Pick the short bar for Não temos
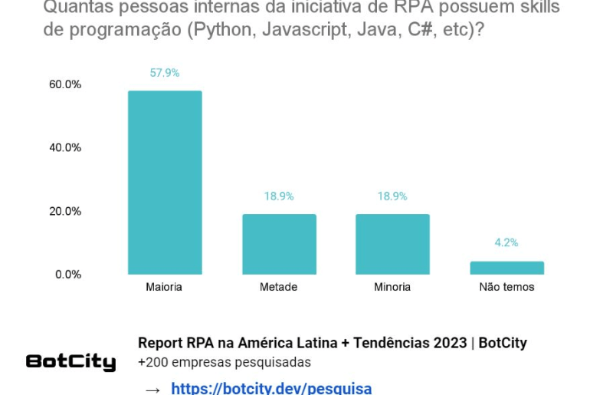point(506,268)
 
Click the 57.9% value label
point(165,73)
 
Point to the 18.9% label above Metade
point(279,196)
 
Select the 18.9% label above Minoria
point(392,196)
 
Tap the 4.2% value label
point(506,242)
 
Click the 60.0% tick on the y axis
point(65,84)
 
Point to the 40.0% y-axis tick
point(65,147)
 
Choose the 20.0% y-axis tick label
point(65,211)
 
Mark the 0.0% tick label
point(68,275)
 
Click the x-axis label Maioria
point(164,287)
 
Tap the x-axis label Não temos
point(506,287)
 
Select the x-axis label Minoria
point(392,287)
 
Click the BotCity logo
point(70,362)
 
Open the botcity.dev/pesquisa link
point(271,388)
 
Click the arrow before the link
point(153,390)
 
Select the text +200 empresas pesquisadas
point(225,362)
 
